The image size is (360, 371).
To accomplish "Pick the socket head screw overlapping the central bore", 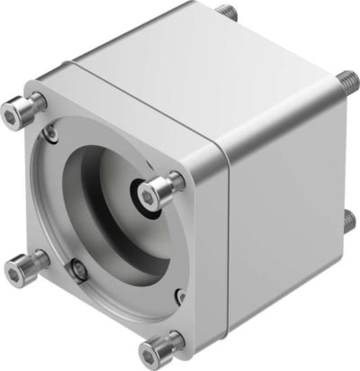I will pyautogui.click(x=159, y=190).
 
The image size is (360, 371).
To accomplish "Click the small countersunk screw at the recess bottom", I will pyautogui.click(x=80, y=267).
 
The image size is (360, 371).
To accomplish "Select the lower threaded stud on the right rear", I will pyautogui.click(x=349, y=219).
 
